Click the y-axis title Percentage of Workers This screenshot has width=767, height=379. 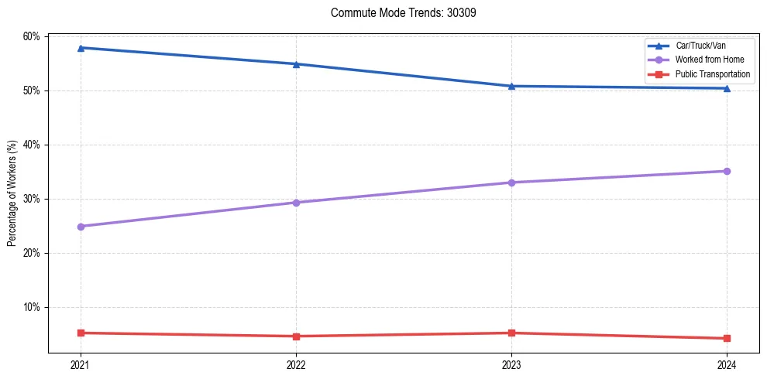12,193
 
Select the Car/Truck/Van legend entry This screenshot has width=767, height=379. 700,46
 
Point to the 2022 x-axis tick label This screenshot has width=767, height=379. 295,364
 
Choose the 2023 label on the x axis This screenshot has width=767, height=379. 511,364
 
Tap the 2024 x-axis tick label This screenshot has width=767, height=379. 727,364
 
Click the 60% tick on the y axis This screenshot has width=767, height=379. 31,36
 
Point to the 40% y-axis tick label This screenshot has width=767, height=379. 31,145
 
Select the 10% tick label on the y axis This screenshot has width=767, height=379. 31,307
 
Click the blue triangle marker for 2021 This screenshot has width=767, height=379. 80,48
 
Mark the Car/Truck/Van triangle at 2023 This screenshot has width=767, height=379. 511,86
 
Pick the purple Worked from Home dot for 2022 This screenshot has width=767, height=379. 295,203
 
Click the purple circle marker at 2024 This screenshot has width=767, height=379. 727,171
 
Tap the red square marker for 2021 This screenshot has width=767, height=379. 80,333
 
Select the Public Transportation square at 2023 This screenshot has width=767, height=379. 511,333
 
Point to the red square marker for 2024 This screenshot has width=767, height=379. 727,338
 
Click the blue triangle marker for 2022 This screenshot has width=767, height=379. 295,64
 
